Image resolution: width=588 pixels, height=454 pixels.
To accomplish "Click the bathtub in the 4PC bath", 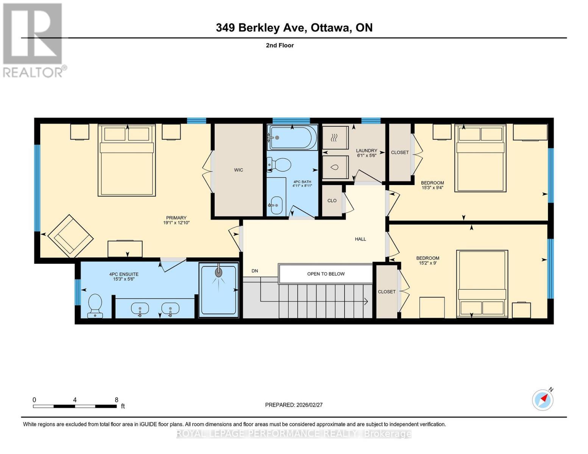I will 292,138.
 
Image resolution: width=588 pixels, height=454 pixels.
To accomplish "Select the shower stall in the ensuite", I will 218,290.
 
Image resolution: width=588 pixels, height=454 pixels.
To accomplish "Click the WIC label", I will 238,170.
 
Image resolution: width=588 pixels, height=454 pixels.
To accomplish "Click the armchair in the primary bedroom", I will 70,235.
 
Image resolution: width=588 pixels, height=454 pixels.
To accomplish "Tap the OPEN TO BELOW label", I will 326,274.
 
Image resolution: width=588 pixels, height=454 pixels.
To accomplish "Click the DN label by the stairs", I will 255,271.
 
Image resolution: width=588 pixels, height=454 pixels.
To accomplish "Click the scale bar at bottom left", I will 75,406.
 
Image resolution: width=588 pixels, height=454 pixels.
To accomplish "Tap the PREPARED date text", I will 293,405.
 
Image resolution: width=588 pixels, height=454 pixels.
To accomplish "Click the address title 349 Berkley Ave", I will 294,28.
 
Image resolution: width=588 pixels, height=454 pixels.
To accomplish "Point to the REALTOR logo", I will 33,40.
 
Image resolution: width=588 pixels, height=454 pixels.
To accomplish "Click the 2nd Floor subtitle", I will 279,45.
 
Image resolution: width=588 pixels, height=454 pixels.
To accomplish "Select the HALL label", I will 360,239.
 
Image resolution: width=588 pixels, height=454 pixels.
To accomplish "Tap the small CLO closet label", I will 332,201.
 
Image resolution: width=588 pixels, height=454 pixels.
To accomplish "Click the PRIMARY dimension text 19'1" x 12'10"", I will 176,223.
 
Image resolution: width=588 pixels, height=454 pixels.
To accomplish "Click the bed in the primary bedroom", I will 127,160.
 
